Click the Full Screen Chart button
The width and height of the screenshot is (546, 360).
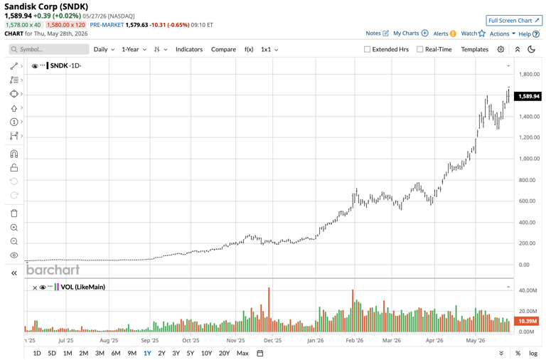[x=514, y=21]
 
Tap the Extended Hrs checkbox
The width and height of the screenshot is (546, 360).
[x=367, y=50]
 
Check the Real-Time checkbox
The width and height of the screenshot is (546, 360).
[x=420, y=50]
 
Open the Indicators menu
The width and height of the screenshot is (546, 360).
[x=189, y=50]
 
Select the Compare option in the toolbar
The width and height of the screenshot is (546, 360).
[x=223, y=50]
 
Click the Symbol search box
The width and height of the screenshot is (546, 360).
[x=49, y=50]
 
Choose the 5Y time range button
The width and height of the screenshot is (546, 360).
[x=190, y=353]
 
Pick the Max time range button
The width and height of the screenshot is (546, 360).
[x=242, y=353]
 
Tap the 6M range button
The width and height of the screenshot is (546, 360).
[x=116, y=353]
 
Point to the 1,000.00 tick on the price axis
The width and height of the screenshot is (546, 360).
[x=529, y=159]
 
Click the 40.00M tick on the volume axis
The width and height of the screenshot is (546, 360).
[x=529, y=290]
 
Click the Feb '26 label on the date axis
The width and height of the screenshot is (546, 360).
[x=355, y=341]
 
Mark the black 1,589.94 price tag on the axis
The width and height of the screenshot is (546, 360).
[x=528, y=96]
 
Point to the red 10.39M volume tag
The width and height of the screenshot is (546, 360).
[x=528, y=321]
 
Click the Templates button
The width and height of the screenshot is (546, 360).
[x=475, y=50]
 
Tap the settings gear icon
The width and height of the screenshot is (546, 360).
[x=500, y=50]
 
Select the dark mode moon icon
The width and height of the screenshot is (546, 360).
[x=531, y=50]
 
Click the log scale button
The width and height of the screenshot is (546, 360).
[x=533, y=353]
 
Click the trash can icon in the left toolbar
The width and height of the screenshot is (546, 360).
[x=14, y=213]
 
